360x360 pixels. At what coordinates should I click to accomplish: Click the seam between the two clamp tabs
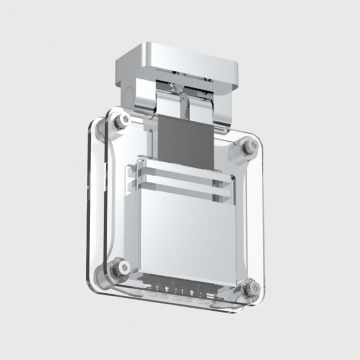coord(184,111)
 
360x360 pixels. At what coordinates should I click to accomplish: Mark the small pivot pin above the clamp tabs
coord(185,91)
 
